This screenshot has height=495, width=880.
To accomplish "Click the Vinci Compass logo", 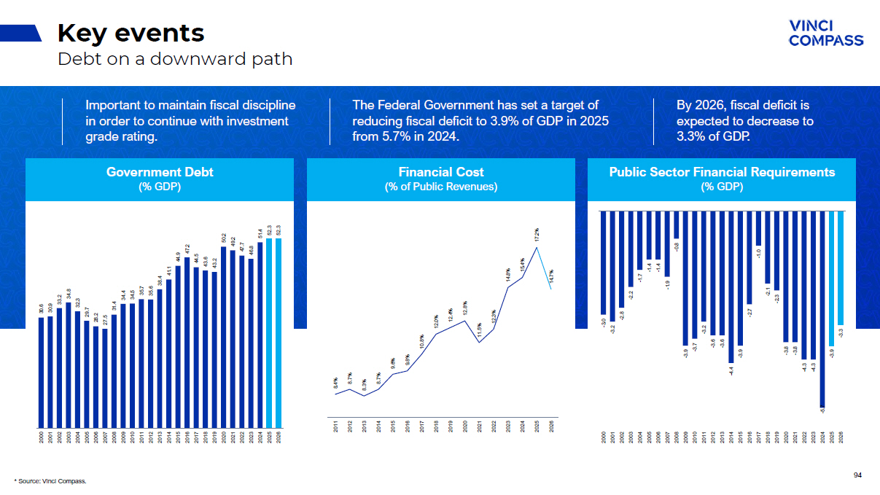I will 826,33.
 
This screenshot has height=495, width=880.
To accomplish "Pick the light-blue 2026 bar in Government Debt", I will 279,332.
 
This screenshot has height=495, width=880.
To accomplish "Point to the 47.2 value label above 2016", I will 187,249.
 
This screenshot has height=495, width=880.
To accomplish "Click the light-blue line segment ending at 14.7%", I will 545,269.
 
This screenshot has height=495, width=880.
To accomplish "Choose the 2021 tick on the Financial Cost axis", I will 480,427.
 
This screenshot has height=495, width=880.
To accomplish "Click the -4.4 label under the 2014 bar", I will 731,370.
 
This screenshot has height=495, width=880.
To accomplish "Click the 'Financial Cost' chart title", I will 441,172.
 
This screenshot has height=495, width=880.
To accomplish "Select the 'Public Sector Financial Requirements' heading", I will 722,172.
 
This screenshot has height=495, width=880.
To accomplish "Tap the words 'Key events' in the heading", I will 131,33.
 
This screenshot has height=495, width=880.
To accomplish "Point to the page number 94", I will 857,475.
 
